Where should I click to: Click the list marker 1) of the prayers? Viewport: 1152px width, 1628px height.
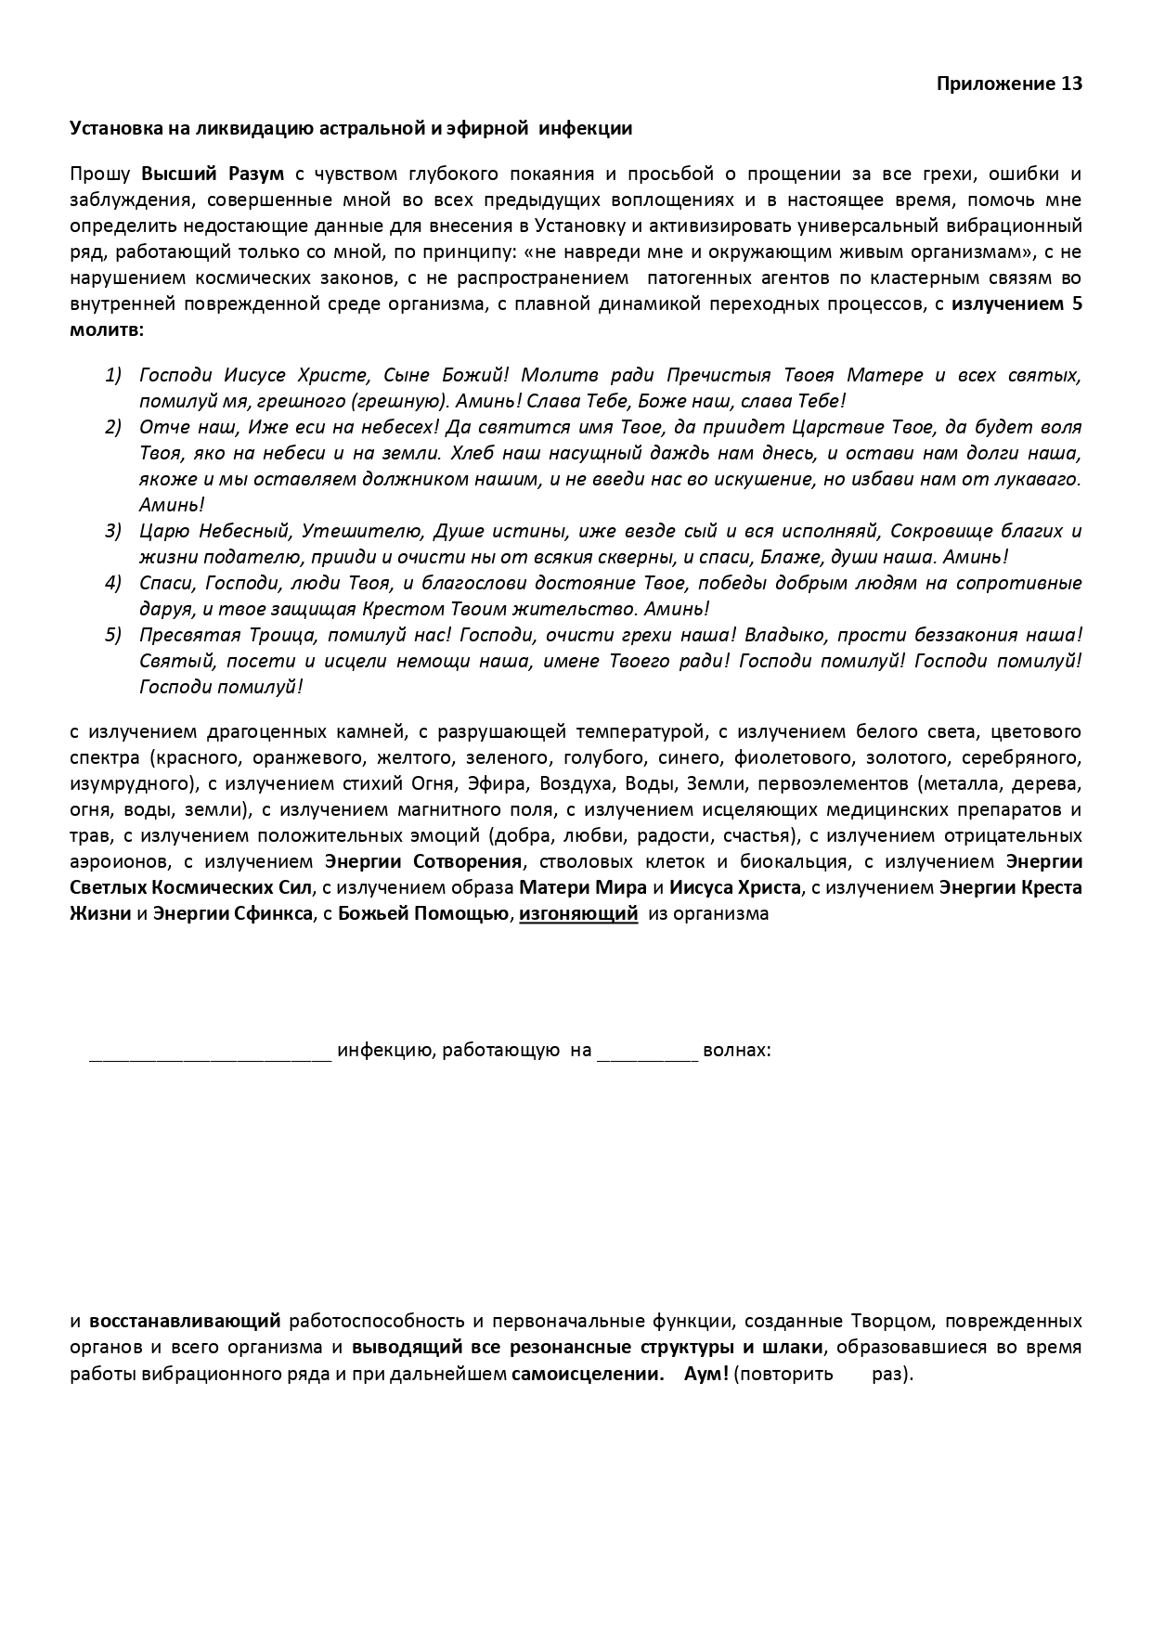coord(113,375)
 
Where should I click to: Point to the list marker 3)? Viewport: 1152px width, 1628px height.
coord(113,531)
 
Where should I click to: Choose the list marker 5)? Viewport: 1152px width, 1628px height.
coord(113,635)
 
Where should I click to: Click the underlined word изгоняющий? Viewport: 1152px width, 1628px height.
coord(578,913)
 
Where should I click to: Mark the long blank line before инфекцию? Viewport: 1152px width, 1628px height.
coord(211,1053)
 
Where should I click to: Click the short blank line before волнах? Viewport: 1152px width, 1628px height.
coord(647,1053)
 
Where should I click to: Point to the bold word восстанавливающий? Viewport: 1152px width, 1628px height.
coord(185,1321)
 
